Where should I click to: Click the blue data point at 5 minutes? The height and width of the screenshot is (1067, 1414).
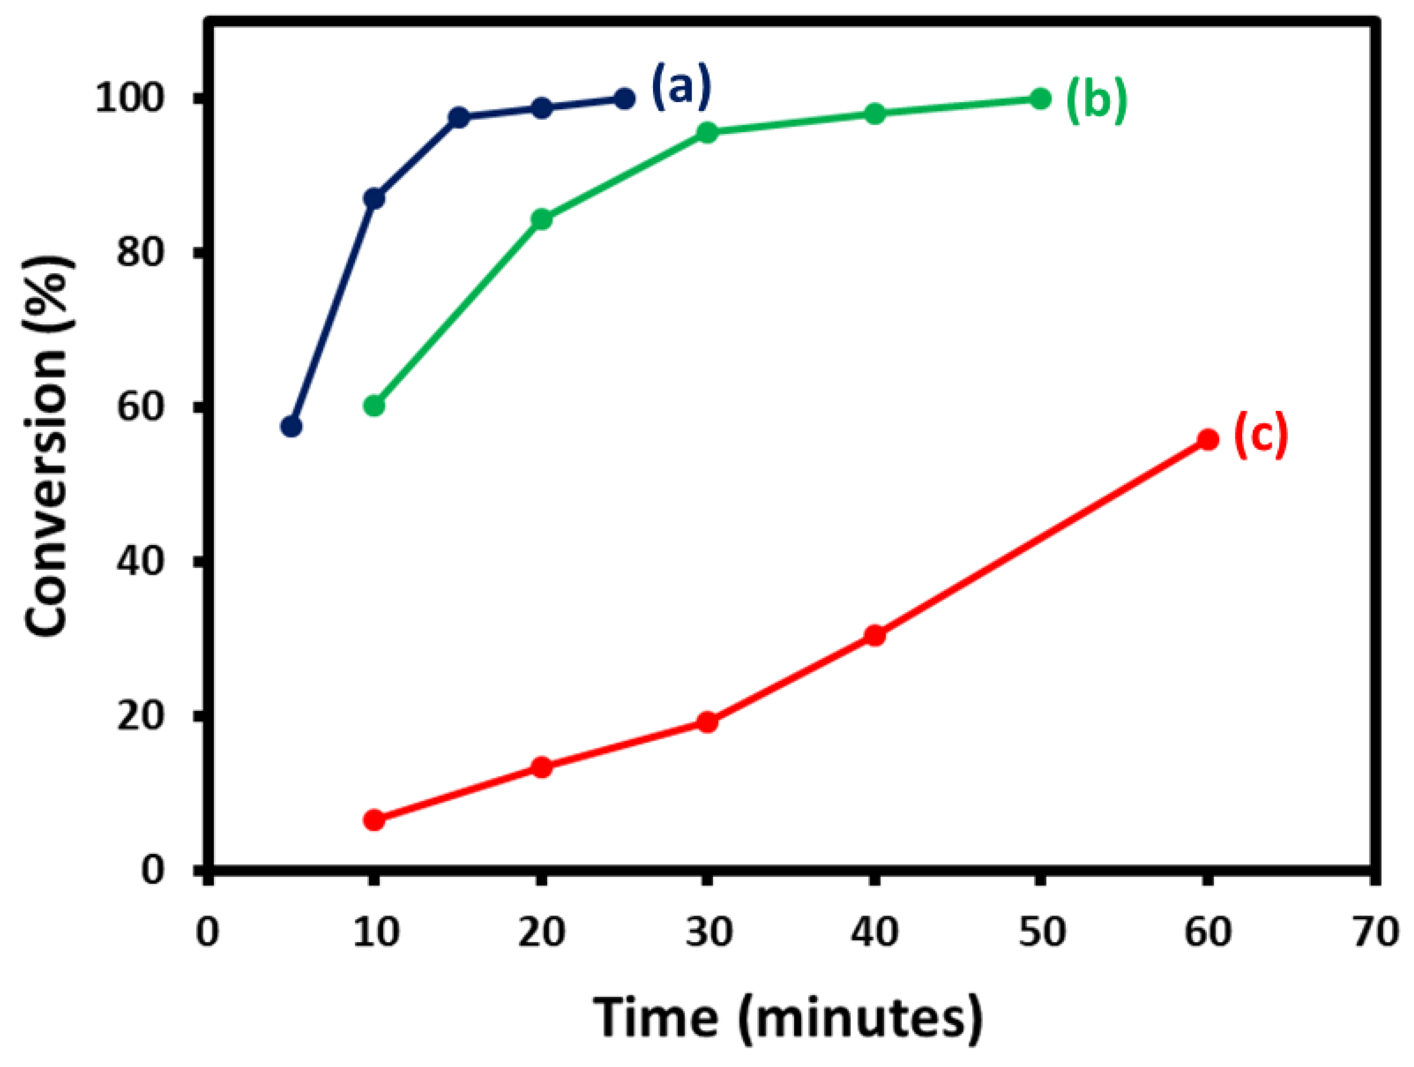pos(292,426)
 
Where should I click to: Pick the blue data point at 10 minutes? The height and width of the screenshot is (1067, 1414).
pos(375,199)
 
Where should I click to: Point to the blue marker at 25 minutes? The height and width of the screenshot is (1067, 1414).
pos(624,99)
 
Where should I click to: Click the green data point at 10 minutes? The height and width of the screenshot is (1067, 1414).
pos(375,406)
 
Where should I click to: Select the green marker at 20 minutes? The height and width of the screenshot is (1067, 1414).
pos(542,220)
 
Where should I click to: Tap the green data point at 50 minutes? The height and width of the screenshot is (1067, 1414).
pos(1040,99)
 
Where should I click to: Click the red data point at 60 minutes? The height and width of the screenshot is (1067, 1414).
pos(1207,440)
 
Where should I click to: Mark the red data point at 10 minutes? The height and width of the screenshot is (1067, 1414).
pos(375,820)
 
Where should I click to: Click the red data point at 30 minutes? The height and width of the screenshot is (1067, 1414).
pos(707,723)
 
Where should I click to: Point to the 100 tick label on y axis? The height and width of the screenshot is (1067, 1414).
pos(130,99)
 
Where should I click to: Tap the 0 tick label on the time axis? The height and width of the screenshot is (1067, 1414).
pos(207,931)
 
